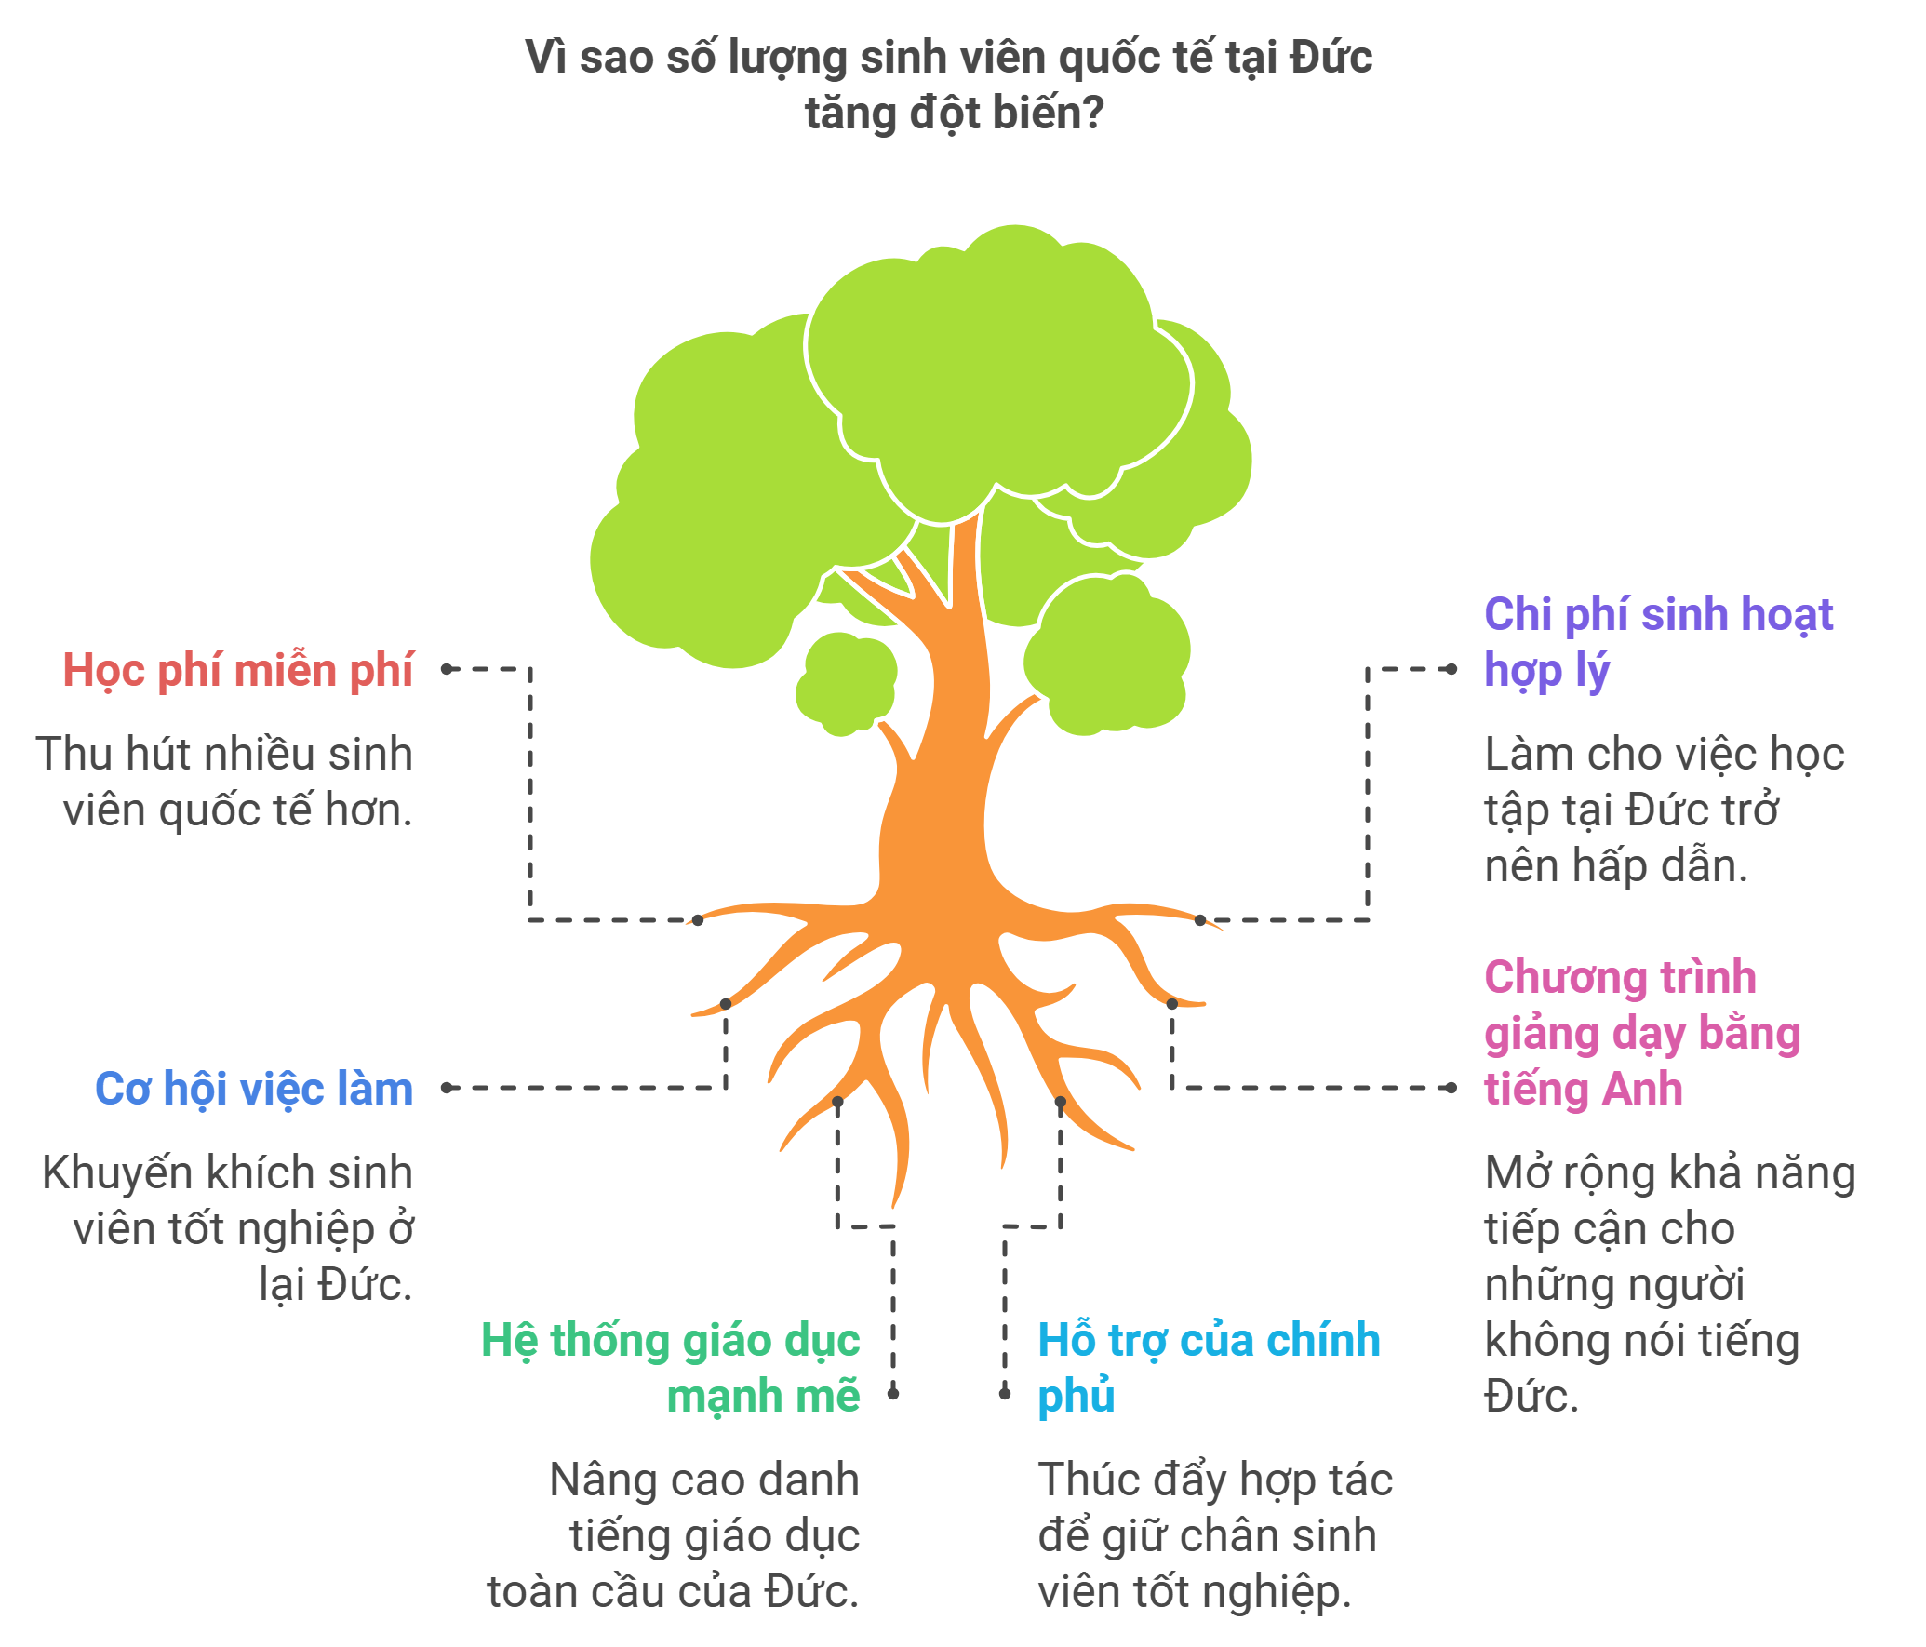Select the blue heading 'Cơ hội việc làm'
click(254, 1090)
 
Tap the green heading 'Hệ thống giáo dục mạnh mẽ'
click(671, 1368)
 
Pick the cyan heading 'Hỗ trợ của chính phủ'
click(1209, 1368)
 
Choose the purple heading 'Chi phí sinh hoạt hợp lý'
click(1658, 642)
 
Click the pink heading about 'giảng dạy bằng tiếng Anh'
click(1642, 1033)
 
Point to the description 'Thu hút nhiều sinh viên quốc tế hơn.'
click(224, 782)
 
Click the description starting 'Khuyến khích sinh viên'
click(228, 1228)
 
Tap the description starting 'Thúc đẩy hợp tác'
click(1215, 1535)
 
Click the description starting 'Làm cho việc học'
click(1665, 810)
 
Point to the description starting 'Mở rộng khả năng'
click(1670, 1284)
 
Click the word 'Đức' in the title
click(1331, 58)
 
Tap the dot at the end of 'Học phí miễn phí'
click(447, 669)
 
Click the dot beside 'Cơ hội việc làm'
click(447, 1088)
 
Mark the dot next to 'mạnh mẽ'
click(893, 1393)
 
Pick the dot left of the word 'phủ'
click(1005, 1393)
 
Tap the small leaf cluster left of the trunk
click(846, 684)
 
